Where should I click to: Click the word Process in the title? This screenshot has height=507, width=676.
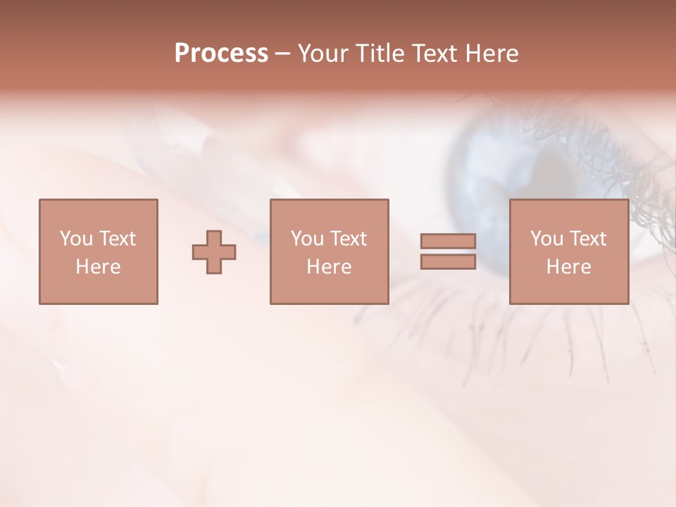coord(221,54)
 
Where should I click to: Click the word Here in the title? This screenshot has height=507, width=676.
coord(492,54)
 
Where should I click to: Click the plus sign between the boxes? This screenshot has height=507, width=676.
coord(214,252)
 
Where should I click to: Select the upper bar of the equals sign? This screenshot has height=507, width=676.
coord(448,241)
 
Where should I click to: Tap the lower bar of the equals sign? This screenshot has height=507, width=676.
coord(448,262)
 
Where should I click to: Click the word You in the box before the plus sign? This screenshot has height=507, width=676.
coord(76,239)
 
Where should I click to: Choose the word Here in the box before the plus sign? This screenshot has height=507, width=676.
coord(98,267)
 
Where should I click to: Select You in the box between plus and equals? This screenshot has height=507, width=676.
coord(307,239)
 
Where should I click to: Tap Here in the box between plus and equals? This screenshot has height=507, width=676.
coord(329,267)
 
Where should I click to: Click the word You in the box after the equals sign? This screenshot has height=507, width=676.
coord(546,239)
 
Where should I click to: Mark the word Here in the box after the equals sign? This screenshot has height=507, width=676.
coord(568,267)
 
